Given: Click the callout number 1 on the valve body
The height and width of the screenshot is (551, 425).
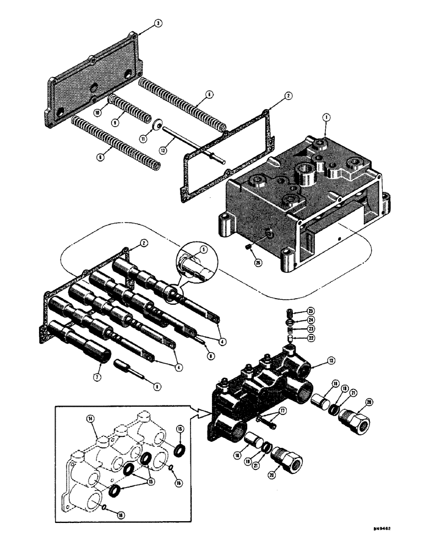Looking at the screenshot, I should [325, 117].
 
